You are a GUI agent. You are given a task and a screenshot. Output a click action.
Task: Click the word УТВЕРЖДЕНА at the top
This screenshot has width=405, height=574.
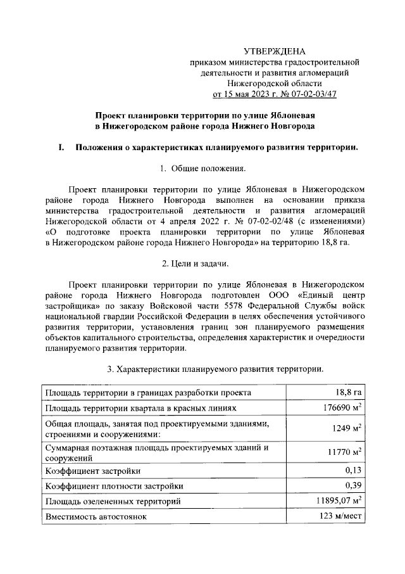point(275,51)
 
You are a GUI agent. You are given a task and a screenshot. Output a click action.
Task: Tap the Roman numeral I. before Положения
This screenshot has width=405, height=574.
point(61,148)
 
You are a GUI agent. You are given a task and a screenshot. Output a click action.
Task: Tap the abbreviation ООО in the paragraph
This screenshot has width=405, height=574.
point(281,294)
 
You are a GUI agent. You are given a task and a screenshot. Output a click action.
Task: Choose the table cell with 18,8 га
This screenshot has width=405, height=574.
point(348,393)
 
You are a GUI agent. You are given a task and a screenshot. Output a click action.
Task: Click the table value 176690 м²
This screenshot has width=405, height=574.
point(342,409)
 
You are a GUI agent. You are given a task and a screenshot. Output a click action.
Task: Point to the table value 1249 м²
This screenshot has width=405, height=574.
point(347,429)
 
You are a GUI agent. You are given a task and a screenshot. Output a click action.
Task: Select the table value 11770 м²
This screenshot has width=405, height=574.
point(344,452)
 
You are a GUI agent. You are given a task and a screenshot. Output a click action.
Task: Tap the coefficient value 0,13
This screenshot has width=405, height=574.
point(353,471)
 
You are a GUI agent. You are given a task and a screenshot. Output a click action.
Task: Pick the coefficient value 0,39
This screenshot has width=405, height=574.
point(353,486)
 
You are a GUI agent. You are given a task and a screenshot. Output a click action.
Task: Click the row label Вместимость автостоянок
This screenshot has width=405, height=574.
point(96,517)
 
